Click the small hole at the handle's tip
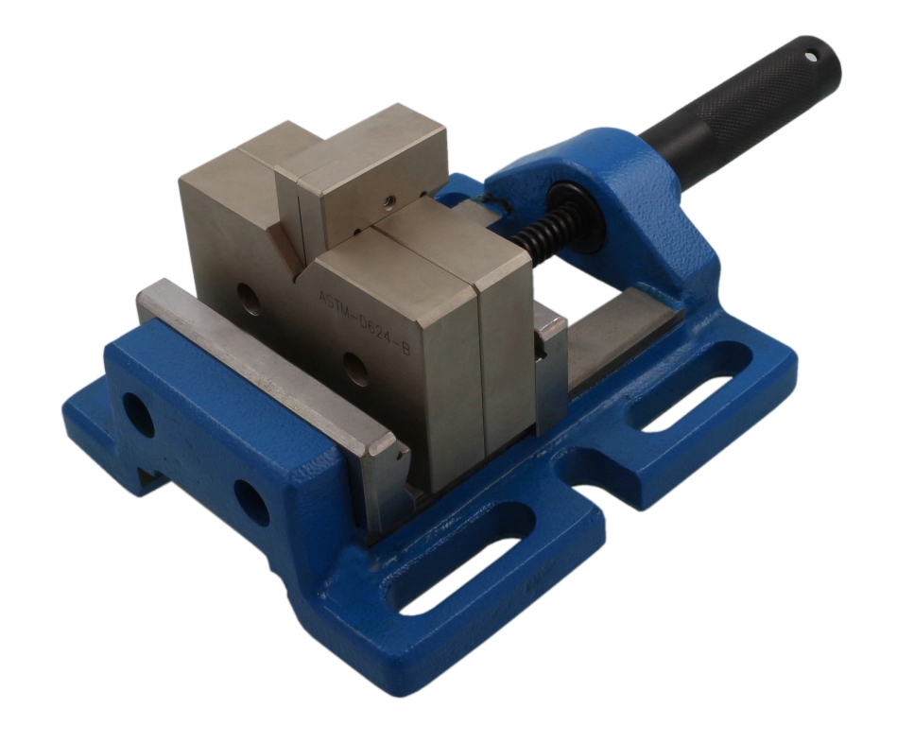point(810,57)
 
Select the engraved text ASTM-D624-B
point(364,323)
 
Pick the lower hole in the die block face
point(356,369)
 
